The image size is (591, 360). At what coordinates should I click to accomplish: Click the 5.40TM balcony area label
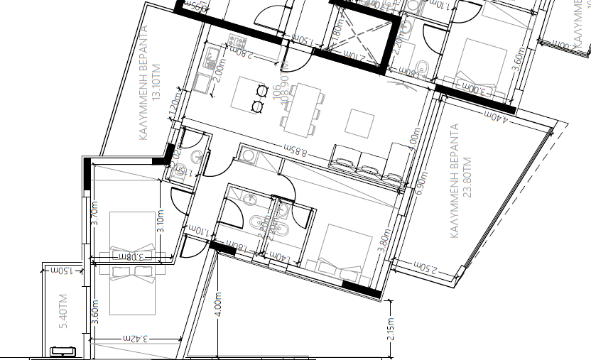tap(63, 311)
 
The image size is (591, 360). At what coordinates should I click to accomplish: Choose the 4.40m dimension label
tap(494, 116)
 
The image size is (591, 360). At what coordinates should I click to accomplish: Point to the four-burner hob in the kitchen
tap(236, 40)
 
